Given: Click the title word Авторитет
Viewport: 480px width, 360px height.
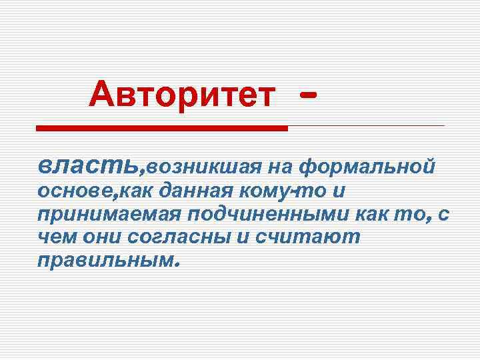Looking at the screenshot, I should point(181,95).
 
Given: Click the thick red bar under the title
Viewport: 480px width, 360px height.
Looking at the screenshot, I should point(161,127).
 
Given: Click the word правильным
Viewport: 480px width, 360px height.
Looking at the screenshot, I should point(105,260).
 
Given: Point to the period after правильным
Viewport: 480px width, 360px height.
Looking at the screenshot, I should point(177,263).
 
